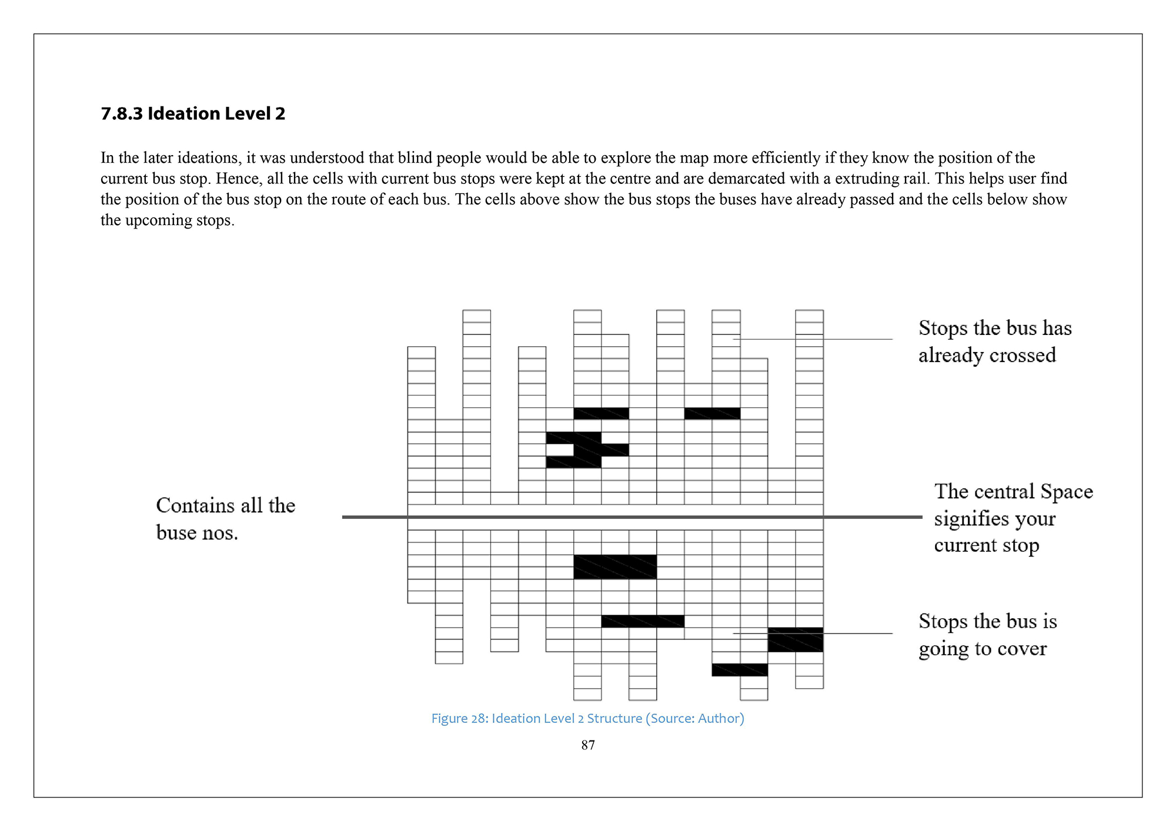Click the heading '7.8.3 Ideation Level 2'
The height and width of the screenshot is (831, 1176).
pyautogui.click(x=193, y=113)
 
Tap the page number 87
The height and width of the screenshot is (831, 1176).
pyautogui.click(x=587, y=745)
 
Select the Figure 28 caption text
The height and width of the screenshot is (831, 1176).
pyautogui.click(x=587, y=718)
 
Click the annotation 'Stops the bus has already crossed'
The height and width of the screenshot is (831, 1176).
pyautogui.click(x=994, y=341)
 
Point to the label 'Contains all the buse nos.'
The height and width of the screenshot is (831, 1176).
pyautogui.click(x=225, y=519)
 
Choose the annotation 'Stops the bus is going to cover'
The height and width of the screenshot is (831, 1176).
pyautogui.click(x=987, y=635)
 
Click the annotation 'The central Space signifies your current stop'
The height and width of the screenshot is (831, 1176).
pyautogui.click(x=1013, y=518)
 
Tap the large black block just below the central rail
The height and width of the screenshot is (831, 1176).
pyautogui.click(x=615, y=567)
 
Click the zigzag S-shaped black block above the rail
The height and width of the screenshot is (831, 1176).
pyautogui.click(x=587, y=450)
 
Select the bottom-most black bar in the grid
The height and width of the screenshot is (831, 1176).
pyautogui.click(x=740, y=670)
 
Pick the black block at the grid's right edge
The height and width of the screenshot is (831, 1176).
pyautogui.click(x=795, y=639)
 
